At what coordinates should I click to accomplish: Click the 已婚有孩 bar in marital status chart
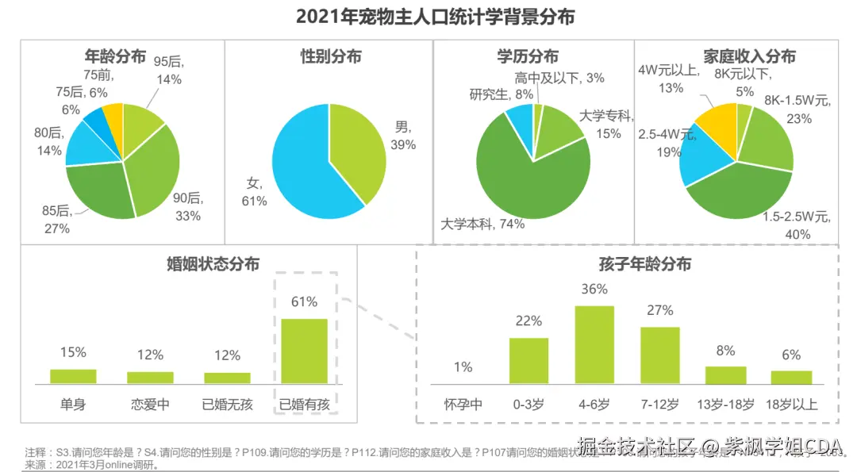click(x=304, y=351)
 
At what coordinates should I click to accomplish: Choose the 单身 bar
click(x=73, y=376)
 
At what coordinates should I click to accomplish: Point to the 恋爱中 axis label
click(x=150, y=405)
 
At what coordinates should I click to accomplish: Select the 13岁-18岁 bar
click(x=726, y=375)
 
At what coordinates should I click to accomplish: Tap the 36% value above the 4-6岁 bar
click(x=594, y=290)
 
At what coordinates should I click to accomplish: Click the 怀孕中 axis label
click(x=463, y=405)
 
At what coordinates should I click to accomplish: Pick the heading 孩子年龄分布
click(x=633, y=264)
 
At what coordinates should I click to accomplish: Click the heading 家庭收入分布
click(x=749, y=56)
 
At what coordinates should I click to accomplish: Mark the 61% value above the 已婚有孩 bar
click(x=304, y=301)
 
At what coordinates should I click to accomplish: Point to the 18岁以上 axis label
click(x=791, y=405)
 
